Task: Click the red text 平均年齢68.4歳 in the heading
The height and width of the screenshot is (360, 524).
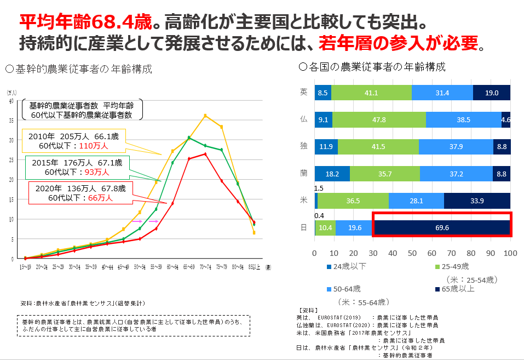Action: click(x=85, y=21)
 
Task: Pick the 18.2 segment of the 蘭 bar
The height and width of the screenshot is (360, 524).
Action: click(x=332, y=173)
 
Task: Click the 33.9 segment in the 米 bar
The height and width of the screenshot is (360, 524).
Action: click(x=477, y=200)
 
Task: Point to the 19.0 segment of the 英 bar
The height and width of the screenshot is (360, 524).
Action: click(x=491, y=93)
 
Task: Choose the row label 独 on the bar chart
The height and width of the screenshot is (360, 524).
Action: click(x=303, y=146)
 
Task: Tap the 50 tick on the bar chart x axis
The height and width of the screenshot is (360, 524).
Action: click(x=412, y=254)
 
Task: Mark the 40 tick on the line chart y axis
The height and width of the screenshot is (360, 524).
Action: click(x=11, y=101)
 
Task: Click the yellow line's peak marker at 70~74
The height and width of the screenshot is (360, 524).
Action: click(x=205, y=116)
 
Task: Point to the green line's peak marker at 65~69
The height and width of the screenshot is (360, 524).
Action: click(x=189, y=138)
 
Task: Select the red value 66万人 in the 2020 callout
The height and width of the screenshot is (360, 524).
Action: click(x=100, y=198)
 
